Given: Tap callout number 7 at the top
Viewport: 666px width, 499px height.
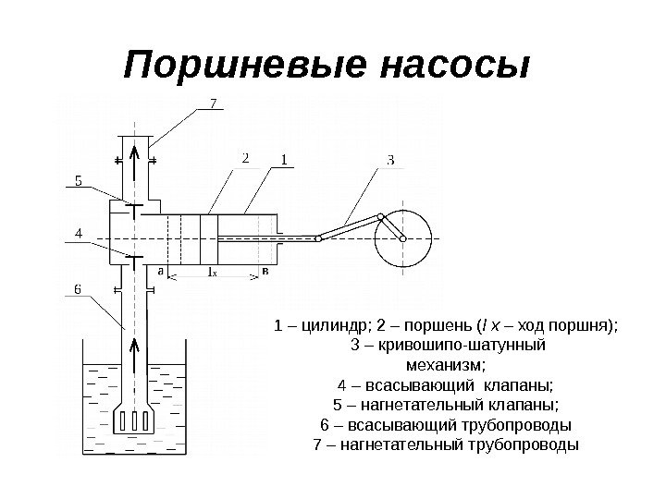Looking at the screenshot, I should coord(215,103).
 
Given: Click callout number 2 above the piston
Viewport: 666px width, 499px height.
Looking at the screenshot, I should coord(246,158).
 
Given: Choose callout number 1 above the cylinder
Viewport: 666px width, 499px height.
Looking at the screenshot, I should coord(284,159).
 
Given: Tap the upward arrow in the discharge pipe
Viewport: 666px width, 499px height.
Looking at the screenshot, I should coord(135,159).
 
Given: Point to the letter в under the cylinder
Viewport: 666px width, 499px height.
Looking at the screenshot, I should coord(265,272).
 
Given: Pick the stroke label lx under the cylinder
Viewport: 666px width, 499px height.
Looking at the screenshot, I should coord(212,273).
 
